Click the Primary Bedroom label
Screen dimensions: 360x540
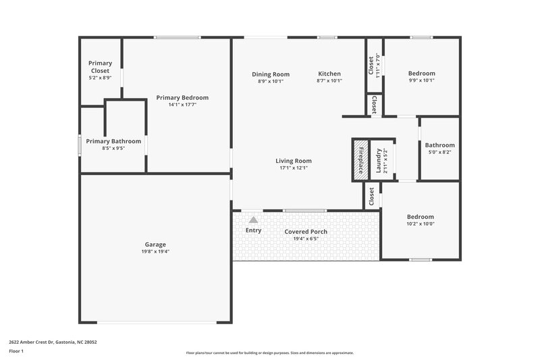[182, 98]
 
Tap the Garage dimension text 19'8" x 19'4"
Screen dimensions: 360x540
[155, 252]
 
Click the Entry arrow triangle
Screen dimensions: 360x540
[253, 220]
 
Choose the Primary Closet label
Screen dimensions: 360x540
[100, 67]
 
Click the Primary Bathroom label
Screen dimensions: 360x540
[113, 141]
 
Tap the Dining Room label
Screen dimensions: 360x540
[271, 74]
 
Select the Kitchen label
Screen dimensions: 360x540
[329, 74]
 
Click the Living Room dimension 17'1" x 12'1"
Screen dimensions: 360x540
[294, 168]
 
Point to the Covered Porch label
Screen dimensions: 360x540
[306, 232]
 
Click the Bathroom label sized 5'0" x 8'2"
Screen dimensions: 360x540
[439, 145]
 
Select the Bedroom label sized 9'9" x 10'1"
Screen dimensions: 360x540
[421, 74]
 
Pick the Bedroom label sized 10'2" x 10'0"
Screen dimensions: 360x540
[420, 217]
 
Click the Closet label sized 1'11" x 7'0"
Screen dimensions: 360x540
[371, 65]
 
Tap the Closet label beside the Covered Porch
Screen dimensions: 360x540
[371, 197]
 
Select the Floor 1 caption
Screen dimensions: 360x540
[17, 352]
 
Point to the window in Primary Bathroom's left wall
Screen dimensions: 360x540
[80, 146]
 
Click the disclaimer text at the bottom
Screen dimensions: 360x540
[270, 353]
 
